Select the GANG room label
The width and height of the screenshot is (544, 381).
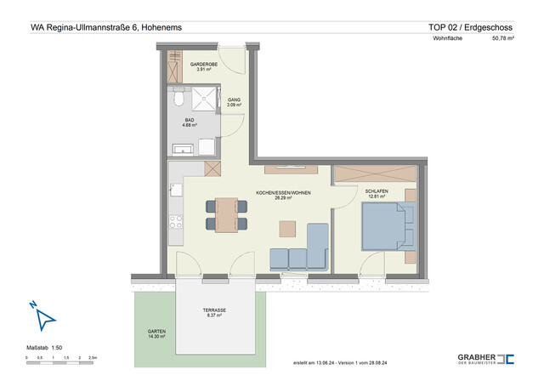234,101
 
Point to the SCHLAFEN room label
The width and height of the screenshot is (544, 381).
377,193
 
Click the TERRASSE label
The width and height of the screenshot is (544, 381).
214,312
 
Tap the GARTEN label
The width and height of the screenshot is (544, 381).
156,333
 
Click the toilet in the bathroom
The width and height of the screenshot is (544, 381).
177,100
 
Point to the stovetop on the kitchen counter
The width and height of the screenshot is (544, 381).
177,223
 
